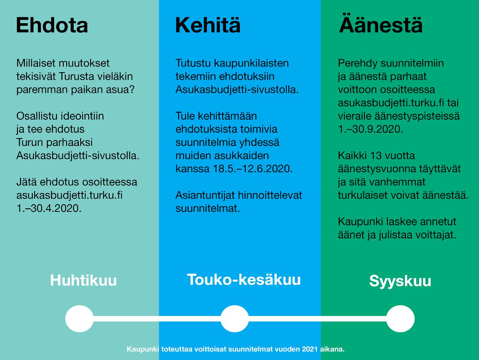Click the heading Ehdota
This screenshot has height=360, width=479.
tap(52, 25)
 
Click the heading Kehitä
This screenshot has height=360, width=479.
tap(208, 25)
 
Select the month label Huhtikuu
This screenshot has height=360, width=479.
tap(83, 280)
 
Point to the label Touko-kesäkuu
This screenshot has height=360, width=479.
tap(244, 280)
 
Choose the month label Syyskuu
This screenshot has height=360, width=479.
tap(400, 281)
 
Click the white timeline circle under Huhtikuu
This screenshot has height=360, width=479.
tap(79, 319)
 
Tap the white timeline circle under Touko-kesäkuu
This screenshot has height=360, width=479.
tap(234, 319)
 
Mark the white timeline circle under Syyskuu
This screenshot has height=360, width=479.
tap(400, 319)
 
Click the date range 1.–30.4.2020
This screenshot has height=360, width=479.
tap(49, 208)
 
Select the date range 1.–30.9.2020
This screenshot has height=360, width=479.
tap(370, 129)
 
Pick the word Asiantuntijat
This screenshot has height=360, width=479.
tap(205, 195)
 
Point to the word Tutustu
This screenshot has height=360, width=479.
tap(193, 63)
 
